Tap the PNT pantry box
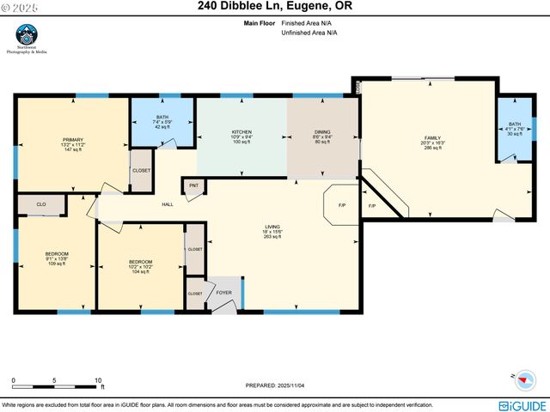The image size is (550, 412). pos(193,185)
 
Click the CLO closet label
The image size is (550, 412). pos(41,204)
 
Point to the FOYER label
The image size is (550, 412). pos(225,293)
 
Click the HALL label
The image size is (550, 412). pos(168,204)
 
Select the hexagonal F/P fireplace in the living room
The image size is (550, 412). pos(341,205)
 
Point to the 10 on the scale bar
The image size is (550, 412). pos(99,380)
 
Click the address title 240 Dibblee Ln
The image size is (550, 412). pos(275,6)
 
